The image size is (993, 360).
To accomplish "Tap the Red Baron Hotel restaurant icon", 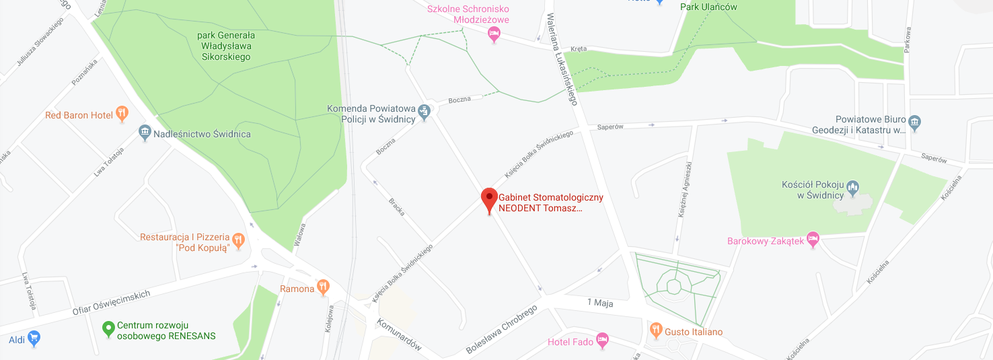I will pyautogui.click(x=122, y=114).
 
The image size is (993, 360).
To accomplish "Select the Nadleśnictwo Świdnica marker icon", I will pyautogui.click(x=145, y=133).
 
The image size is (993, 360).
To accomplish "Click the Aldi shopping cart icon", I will pyautogui.click(x=34, y=339).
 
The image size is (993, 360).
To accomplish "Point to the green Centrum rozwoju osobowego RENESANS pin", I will pyautogui.click(x=108, y=329).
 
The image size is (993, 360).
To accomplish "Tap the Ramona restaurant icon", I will pyautogui.click(x=324, y=288).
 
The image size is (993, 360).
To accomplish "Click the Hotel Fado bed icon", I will pyautogui.click(x=602, y=341).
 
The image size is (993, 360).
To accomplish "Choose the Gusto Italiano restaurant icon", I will pyautogui.click(x=656, y=331).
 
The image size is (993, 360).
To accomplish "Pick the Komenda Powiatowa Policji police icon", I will pyautogui.click(x=424, y=112).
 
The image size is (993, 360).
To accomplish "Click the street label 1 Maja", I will pyautogui.click(x=600, y=303).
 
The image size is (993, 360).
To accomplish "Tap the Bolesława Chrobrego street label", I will pyautogui.click(x=501, y=330).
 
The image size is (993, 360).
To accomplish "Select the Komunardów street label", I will pyautogui.click(x=400, y=334).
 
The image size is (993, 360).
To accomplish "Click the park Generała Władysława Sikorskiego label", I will pyautogui.click(x=225, y=46).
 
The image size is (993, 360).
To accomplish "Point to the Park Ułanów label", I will pyautogui.click(x=708, y=7).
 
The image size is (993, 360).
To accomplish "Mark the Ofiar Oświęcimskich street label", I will pyautogui.click(x=112, y=303).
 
